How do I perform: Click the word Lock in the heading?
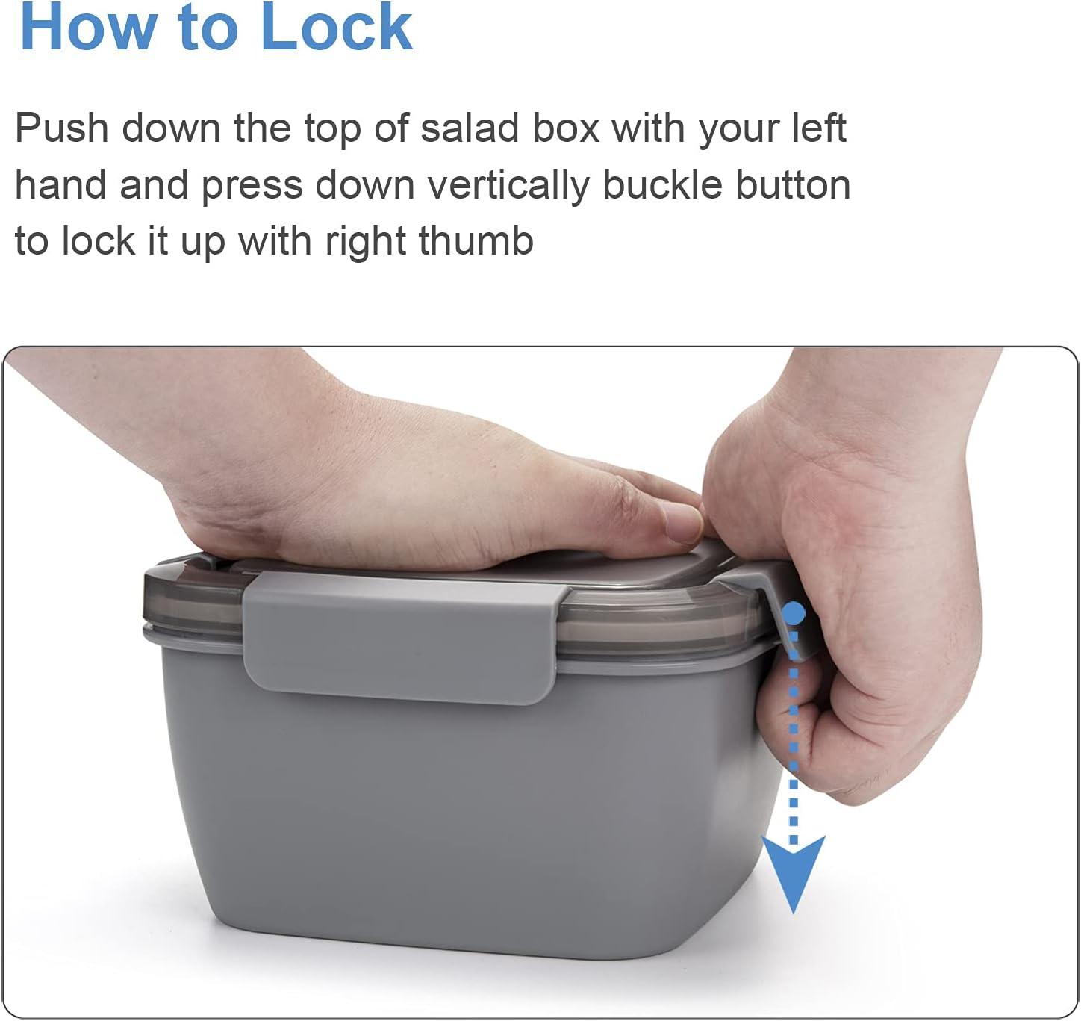tap(336, 26)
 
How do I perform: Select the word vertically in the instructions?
tap(508, 186)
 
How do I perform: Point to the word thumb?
tap(476, 240)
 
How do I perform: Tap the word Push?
tap(62, 128)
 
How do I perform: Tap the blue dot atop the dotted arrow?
tap(794, 613)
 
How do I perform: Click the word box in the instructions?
tap(566, 128)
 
